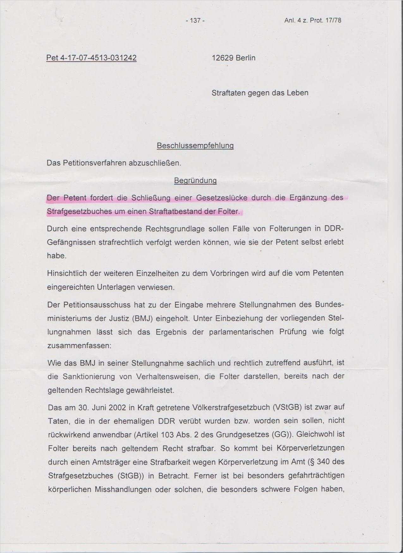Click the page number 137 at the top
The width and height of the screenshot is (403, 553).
click(x=195, y=21)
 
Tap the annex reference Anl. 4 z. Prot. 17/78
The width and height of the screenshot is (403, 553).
click(x=313, y=21)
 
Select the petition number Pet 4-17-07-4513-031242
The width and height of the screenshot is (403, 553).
click(x=91, y=58)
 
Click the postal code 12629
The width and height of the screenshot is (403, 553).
click(x=223, y=58)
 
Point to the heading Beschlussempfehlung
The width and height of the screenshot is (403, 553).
click(x=195, y=146)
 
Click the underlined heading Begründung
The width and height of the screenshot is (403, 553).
click(x=195, y=181)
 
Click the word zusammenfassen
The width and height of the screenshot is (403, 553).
click(x=79, y=346)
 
